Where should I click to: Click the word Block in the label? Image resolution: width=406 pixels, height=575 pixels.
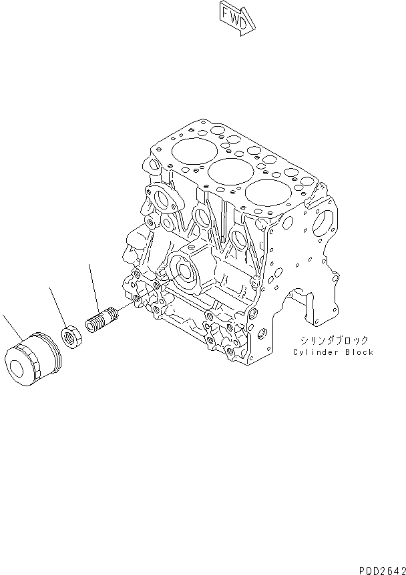359,352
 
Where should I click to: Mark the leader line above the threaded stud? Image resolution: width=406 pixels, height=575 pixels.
94,284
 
